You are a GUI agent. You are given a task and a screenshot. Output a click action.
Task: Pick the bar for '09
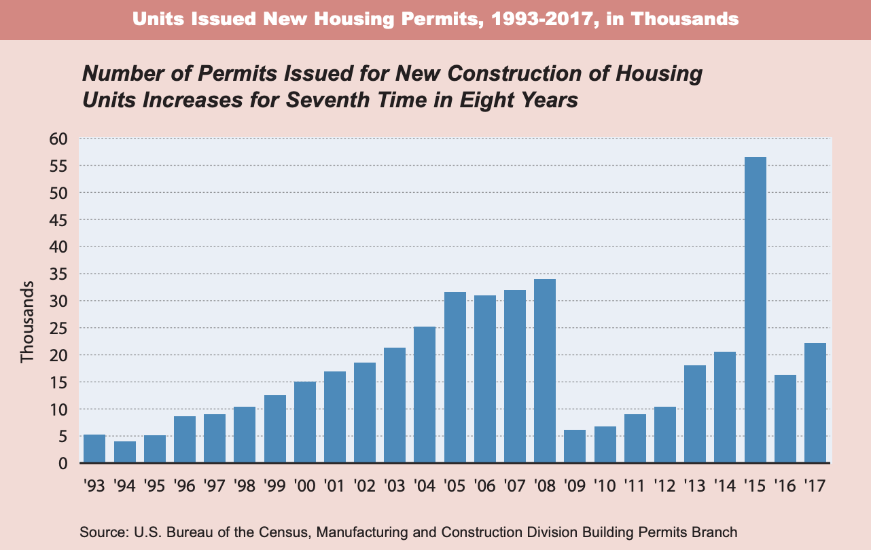(x=575, y=447)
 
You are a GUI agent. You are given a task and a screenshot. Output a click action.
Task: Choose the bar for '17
(x=815, y=403)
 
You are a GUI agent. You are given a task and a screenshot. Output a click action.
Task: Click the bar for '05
(x=455, y=378)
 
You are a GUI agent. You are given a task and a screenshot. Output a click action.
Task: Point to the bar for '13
(x=695, y=414)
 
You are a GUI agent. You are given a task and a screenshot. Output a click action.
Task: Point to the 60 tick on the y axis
(x=59, y=139)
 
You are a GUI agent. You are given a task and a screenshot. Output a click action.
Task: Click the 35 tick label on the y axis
(x=59, y=274)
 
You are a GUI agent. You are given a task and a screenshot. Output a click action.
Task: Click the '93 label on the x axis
(x=94, y=485)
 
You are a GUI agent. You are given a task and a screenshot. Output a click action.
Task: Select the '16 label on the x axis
(x=785, y=485)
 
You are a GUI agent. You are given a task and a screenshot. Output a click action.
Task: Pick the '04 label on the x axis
(x=425, y=485)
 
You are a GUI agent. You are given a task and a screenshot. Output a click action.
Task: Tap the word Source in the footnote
(x=98, y=532)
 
